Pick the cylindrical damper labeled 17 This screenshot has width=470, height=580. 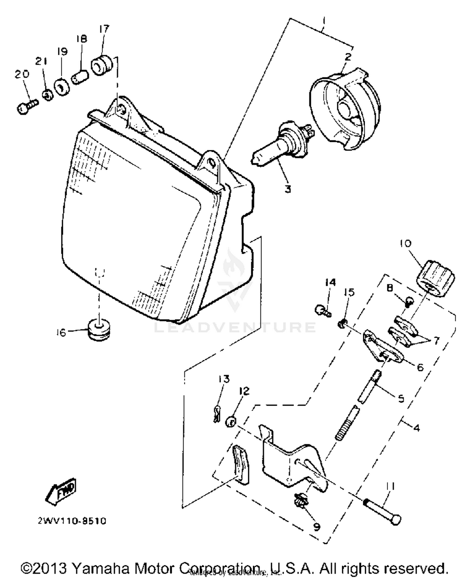coord(102,65)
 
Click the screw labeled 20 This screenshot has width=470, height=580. coord(26,106)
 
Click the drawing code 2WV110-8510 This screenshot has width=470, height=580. coord(72,521)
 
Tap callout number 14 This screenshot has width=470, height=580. coord(330,282)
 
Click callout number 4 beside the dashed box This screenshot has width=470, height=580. coord(416,428)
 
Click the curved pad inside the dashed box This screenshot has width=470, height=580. coord(241,465)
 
